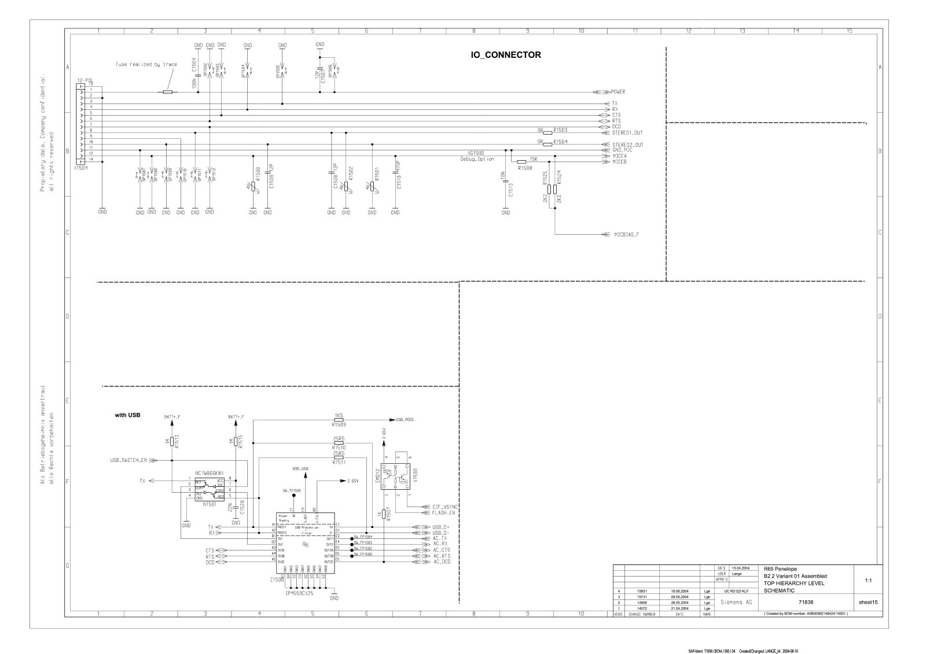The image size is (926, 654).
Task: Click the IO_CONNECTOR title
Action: [x=506, y=56]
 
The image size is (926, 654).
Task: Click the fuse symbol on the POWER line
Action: [x=167, y=92]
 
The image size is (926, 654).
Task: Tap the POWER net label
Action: [x=618, y=92]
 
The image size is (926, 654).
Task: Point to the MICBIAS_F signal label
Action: [x=626, y=235]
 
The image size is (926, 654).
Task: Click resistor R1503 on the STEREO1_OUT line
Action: [x=547, y=132]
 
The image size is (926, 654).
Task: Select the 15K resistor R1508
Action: [x=521, y=162]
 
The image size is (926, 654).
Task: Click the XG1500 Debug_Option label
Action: [x=477, y=156]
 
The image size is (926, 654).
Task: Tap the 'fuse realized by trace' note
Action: [x=146, y=65]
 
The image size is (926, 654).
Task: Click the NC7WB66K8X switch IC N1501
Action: [x=209, y=489]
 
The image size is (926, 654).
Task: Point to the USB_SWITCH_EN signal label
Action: [x=128, y=460]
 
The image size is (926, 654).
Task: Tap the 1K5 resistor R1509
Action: [x=339, y=420]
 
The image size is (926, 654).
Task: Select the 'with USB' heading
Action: [x=128, y=415]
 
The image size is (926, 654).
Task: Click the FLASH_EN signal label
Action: [x=443, y=512]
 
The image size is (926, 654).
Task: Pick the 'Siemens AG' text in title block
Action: [x=736, y=602]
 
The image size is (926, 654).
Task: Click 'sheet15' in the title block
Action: [x=868, y=602]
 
